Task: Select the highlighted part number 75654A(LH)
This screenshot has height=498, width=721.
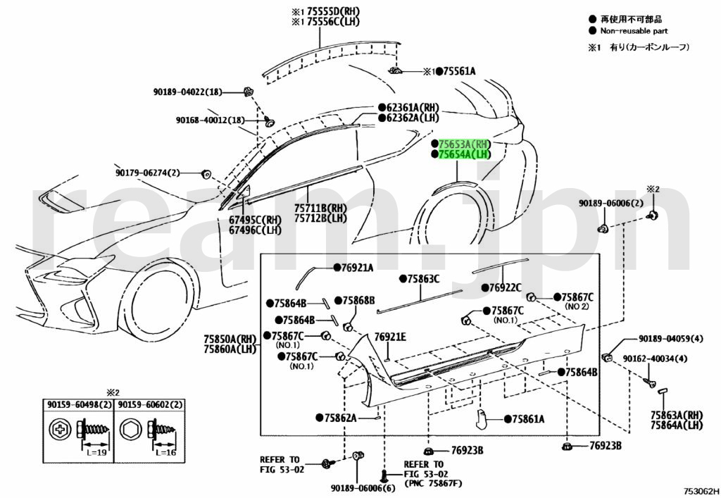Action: point(463,154)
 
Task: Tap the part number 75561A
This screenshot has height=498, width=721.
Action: point(458,71)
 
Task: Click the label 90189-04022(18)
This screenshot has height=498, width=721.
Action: point(187,92)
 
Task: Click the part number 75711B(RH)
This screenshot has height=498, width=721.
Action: point(320,208)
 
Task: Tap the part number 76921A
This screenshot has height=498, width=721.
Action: point(357,268)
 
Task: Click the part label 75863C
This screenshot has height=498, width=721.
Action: point(423,279)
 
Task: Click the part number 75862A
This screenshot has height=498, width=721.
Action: point(340,418)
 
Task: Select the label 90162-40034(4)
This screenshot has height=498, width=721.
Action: point(655,359)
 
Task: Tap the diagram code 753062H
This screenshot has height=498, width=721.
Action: point(700,490)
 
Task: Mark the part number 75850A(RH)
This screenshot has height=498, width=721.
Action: point(230,339)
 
